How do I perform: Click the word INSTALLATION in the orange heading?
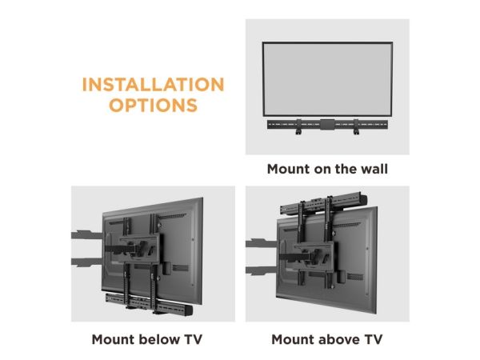(x=153, y=84)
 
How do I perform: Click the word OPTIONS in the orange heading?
(x=153, y=105)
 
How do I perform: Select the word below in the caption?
(x=159, y=339)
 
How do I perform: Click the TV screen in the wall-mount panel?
(x=327, y=79)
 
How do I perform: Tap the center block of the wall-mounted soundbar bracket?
(x=327, y=124)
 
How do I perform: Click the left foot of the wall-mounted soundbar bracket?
(x=298, y=132)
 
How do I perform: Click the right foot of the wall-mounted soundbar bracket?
(x=356, y=132)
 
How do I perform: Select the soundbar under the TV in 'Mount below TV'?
(x=149, y=304)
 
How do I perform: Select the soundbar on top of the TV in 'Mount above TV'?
(x=323, y=203)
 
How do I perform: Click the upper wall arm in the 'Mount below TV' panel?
(x=87, y=234)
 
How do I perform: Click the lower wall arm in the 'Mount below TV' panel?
(x=87, y=262)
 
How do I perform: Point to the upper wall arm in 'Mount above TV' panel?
(x=262, y=243)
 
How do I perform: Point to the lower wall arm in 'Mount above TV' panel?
(x=262, y=270)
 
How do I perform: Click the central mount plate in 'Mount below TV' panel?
(x=139, y=248)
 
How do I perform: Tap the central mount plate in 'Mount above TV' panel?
(x=314, y=257)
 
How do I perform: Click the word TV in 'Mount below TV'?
(x=193, y=339)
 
